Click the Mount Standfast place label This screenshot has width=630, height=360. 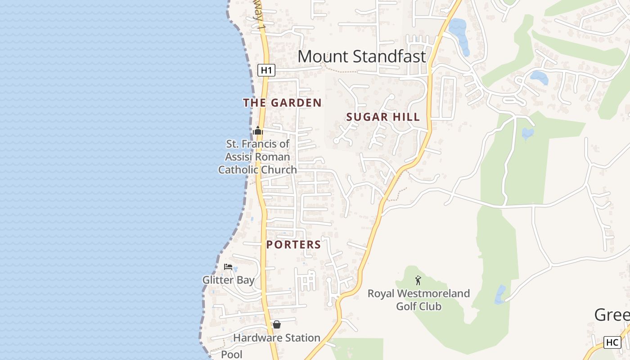pos(361,57)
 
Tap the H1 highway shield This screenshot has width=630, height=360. pos(266,70)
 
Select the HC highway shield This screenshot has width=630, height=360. pos(612,342)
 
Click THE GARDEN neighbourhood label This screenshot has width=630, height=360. pos(282,103)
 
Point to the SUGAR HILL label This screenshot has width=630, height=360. pos(383,117)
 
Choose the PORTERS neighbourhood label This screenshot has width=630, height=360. pos(293,245)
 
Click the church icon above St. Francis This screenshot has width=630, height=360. pos(258,131)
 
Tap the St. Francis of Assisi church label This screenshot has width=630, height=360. pos(258,157)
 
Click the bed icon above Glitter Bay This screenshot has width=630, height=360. pos(228,267)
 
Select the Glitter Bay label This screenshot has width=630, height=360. pos(228,280)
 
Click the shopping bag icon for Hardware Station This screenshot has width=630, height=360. pos(277,324)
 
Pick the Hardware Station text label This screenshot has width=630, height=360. pos(277,337)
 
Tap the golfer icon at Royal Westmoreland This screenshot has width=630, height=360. pos(418,280)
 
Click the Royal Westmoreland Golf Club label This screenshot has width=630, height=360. pos(418,300)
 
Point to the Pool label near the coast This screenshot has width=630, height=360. pos(232,355)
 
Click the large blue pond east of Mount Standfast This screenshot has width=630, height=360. pos(459,34)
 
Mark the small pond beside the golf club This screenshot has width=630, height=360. pos(500,295)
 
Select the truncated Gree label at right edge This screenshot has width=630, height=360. pos(612,315)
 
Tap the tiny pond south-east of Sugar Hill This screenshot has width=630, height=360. pos(527,134)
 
